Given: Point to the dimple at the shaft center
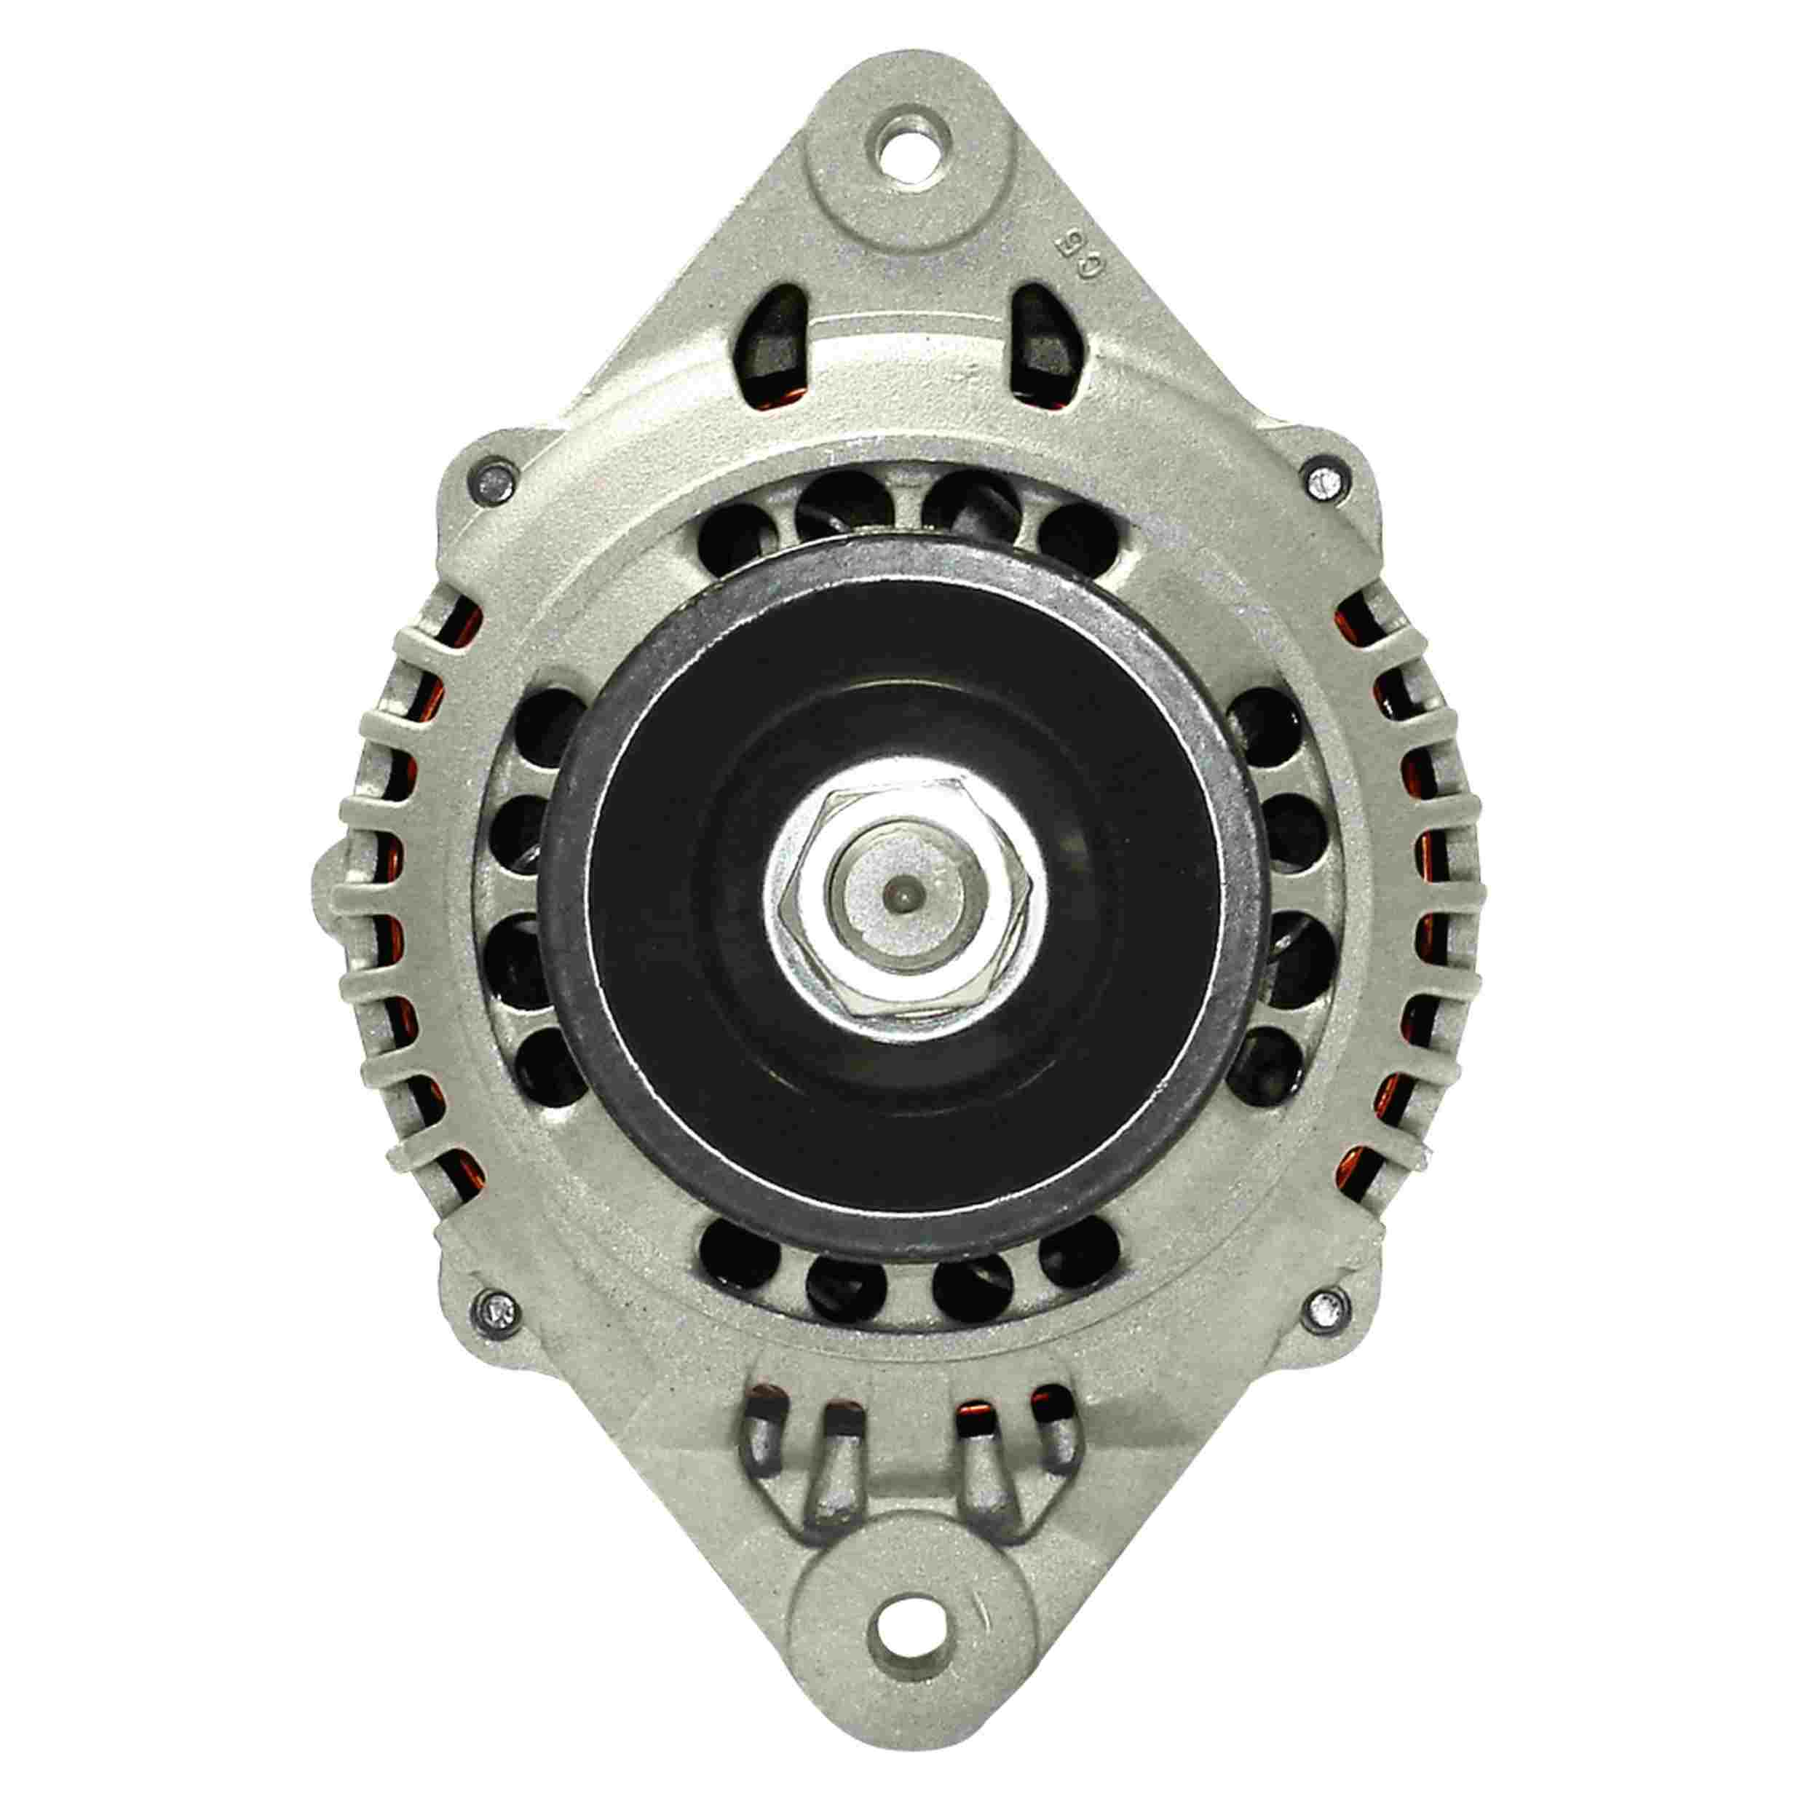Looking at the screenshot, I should click(x=903, y=890).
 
